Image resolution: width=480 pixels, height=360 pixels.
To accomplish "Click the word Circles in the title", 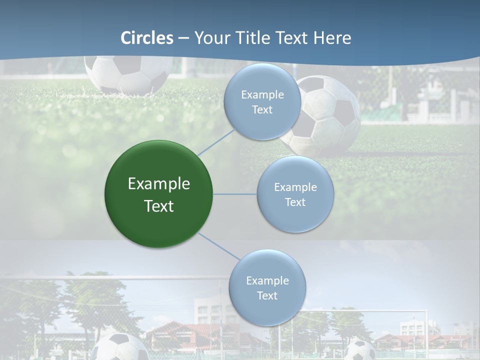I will (147, 38).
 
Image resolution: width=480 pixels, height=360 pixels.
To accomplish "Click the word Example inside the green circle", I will (159, 184).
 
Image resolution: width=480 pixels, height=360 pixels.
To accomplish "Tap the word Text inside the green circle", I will (159, 206).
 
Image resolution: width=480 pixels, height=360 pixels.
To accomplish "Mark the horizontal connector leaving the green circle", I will (235, 194).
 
